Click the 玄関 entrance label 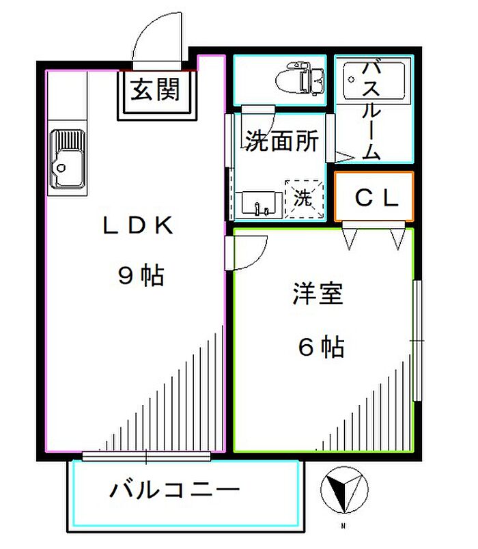point(155,89)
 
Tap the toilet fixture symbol point(300,78)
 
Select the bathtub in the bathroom point(374,81)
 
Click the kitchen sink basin point(68,159)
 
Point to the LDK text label point(138,225)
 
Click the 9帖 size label point(141,276)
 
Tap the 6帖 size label point(321,347)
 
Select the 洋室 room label point(318,294)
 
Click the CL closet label point(376,198)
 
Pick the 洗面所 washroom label point(281,141)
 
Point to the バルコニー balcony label point(174,490)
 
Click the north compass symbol point(344,490)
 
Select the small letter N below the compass point(343,526)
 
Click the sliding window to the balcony point(146,456)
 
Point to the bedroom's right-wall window point(417,340)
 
